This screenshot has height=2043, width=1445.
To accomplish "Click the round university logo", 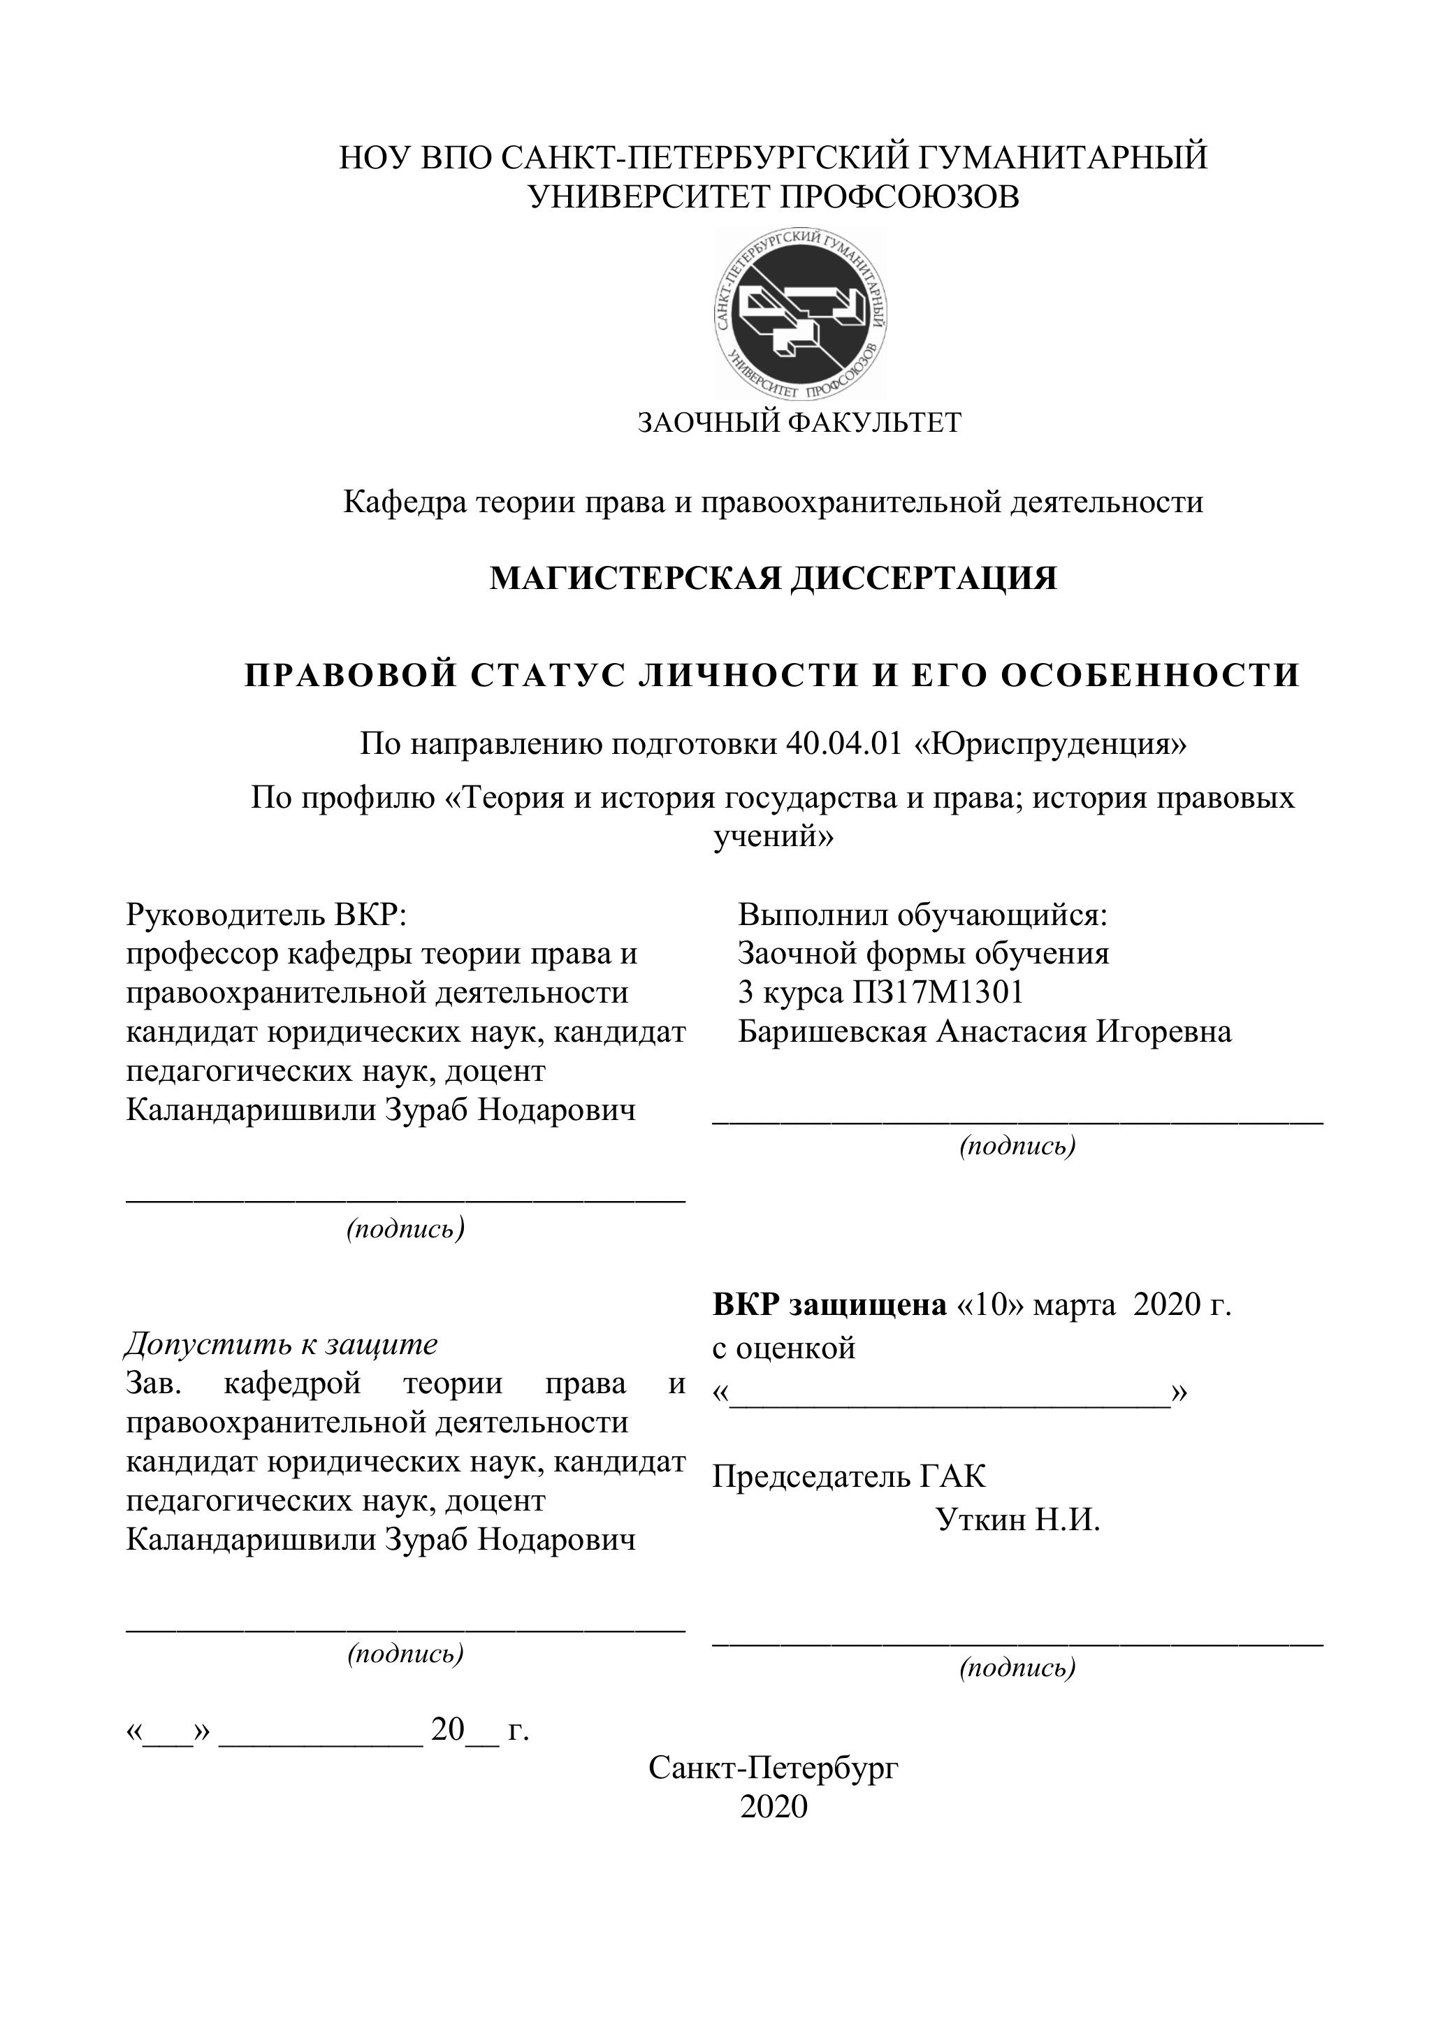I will [800, 313].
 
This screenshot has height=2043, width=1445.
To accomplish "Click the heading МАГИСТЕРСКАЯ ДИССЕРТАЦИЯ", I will [774, 579].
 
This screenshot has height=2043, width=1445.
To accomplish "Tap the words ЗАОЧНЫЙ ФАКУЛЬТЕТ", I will [799, 422].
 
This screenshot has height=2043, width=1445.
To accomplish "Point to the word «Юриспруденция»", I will [1051, 743].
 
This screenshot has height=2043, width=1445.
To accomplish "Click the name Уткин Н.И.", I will [1018, 1520].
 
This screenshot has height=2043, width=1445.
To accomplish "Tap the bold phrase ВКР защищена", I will [829, 1305].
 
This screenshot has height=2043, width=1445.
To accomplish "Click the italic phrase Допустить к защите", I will [281, 1344].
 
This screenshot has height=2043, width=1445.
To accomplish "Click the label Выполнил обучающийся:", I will [922, 914].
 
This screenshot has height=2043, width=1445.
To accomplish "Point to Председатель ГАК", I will [849, 1477].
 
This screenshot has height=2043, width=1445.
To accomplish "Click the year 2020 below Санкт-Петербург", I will [774, 1808].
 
